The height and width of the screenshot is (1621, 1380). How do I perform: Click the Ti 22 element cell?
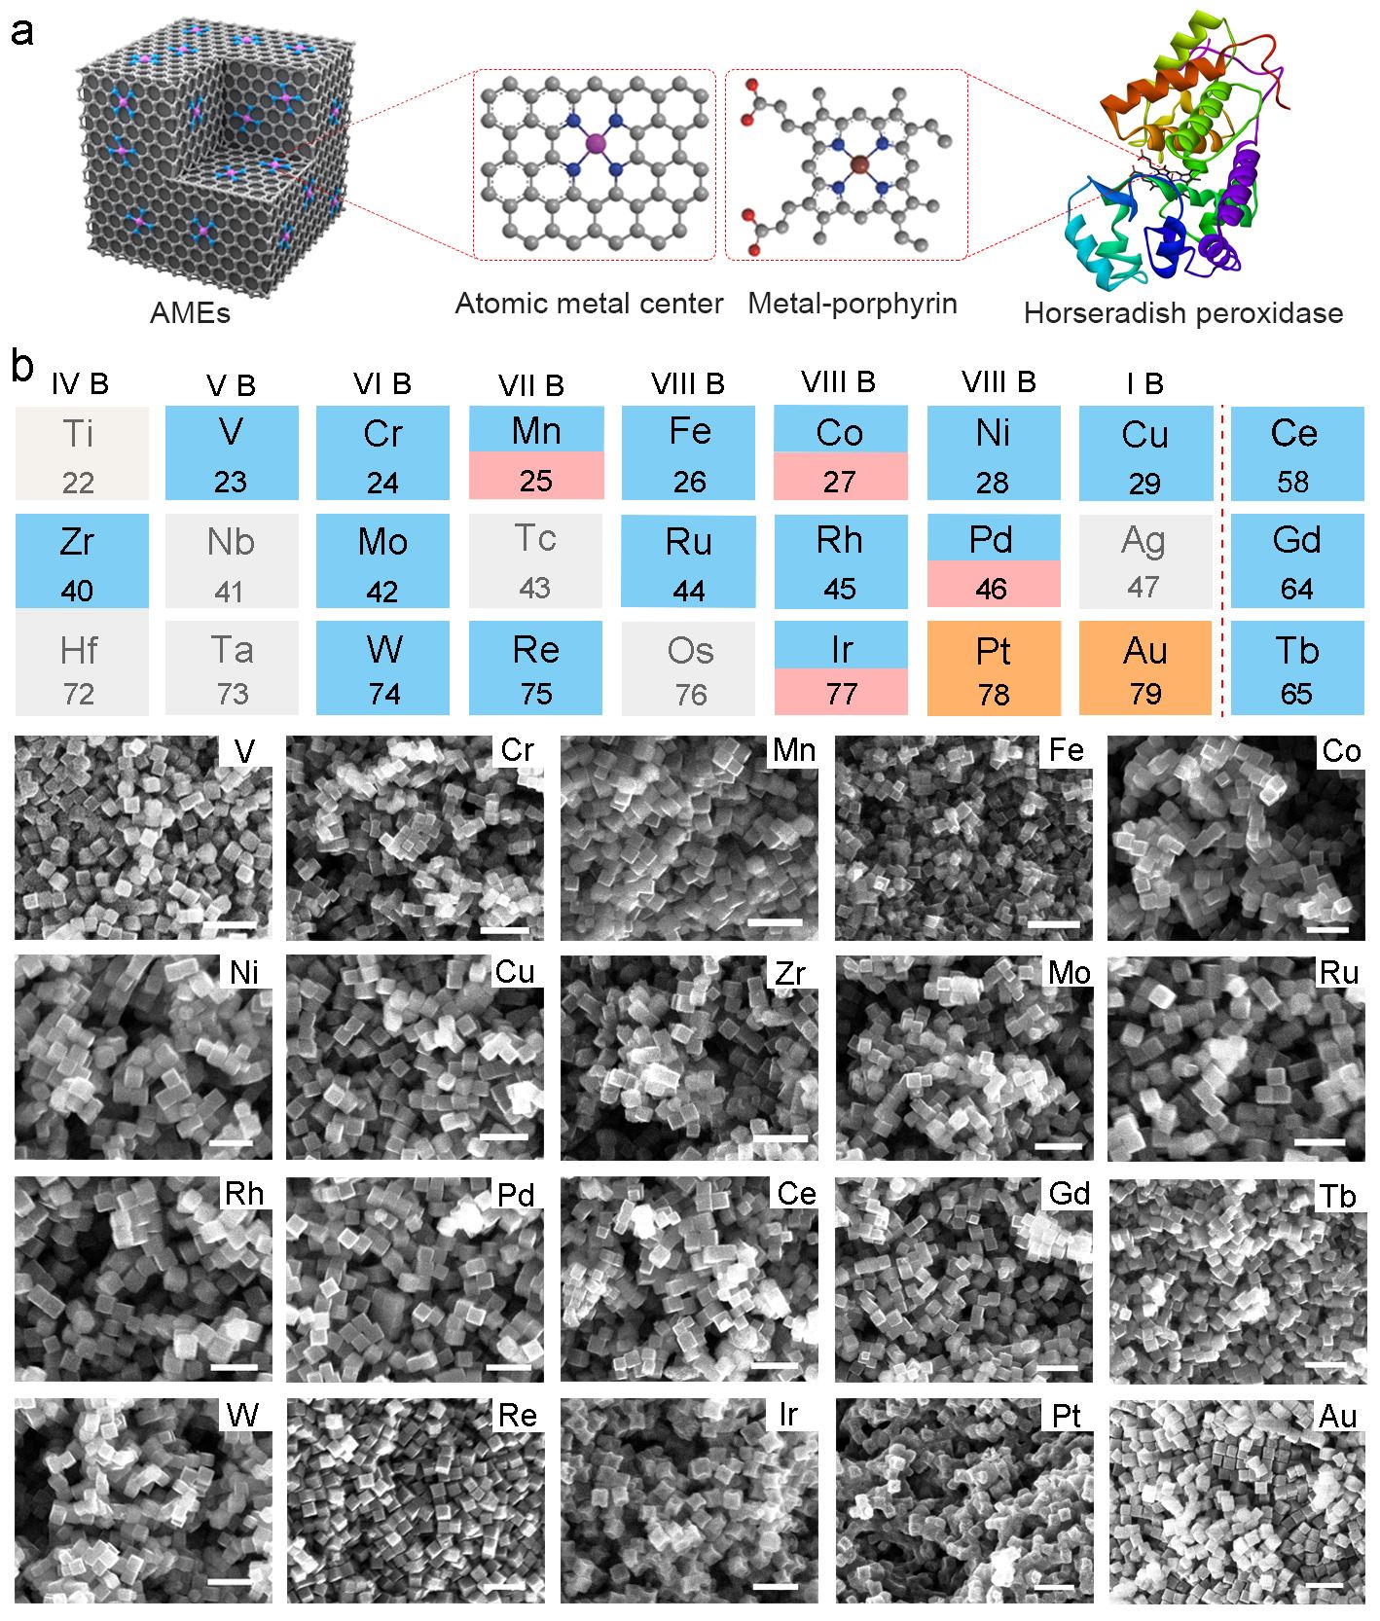[x=81, y=454]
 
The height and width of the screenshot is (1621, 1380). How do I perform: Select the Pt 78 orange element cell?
[x=993, y=669]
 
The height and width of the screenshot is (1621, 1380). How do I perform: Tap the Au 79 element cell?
[x=1144, y=669]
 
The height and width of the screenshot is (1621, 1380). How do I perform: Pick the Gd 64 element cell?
[x=1296, y=561]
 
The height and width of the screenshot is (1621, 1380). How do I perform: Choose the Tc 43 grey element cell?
[x=535, y=561]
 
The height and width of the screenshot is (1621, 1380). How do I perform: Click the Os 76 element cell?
[x=689, y=669]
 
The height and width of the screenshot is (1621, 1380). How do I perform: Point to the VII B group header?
[x=531, y=386]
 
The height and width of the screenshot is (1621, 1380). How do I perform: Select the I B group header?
[x=1144, y=384]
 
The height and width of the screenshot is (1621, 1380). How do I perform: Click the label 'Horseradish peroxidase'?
[x=1182, y=313]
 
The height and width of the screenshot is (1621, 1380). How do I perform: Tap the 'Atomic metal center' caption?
[x=589, y=304]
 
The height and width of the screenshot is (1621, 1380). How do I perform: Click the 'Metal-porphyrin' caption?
[x=852, y=304]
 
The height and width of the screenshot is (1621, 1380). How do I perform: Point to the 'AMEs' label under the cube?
[x=190, y=313]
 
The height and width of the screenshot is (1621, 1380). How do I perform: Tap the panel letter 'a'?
[x=21, y=31]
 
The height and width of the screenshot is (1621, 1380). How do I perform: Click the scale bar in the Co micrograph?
[x=1327, y=928]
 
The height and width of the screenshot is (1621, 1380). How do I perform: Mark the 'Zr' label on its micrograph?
[x=789, y=973]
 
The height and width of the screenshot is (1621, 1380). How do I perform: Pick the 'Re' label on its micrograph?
[x=517, y=1415]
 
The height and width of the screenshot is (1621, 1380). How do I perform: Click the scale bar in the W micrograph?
[x=230, y=1580]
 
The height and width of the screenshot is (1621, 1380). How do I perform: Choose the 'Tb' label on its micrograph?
[x=1337, y=1196]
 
